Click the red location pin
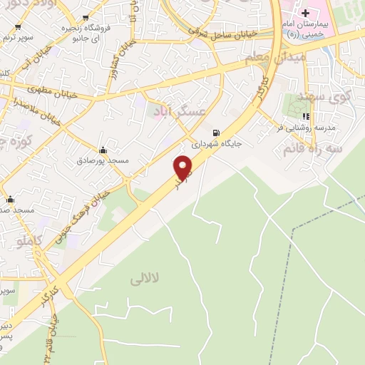(x=184, y=168)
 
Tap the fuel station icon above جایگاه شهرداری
(x=216, y=132)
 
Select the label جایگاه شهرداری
(x=216, y=143)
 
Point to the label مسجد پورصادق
(x=103, y=161)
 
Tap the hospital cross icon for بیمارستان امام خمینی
(x=305, y=13)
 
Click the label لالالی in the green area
(x=147, y=280)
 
